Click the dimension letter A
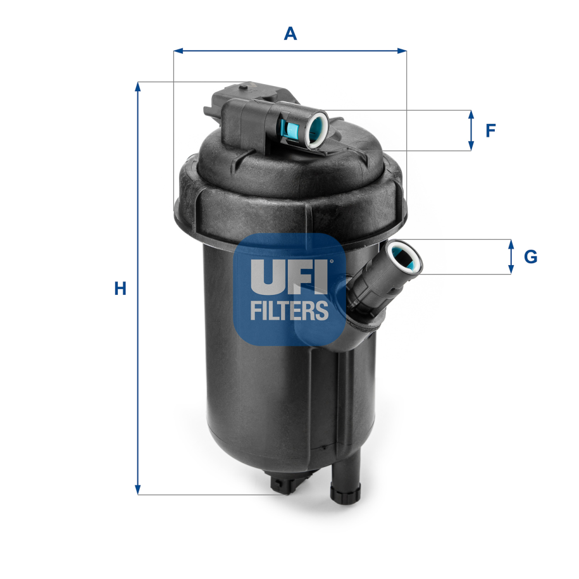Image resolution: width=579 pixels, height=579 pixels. [290, 33]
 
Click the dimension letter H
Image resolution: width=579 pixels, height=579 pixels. [120, 289]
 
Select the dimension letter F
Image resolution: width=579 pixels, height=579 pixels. [490, 130]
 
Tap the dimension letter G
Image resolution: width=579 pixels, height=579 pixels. [530, 257]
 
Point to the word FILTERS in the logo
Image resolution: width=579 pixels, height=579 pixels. [289, 310]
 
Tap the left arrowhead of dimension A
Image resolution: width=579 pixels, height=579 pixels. [178, 51]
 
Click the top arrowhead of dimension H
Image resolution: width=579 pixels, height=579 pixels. [137, 87]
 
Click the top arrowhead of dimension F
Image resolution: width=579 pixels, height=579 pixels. [471, 115]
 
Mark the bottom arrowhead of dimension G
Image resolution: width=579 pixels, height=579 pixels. [511, 270]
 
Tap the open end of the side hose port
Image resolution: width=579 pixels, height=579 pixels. [403, 257]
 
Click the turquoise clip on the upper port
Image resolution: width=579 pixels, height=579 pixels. [291, 129]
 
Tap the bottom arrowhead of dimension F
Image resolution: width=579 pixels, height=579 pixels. [471, 146]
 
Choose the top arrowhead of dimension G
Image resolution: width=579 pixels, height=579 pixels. [511, 244]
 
